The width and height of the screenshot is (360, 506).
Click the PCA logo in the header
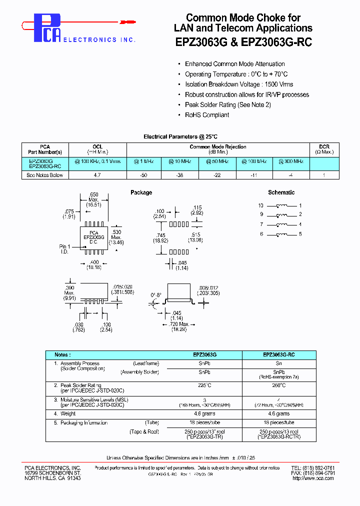tap(47, 28)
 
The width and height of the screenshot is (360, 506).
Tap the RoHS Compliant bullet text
tap(207, 115)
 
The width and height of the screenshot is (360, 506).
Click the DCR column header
tap(324, 149)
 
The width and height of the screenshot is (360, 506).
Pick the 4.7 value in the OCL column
tap(97, 175)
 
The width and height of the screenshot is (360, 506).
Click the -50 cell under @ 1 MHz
tap(144, 175)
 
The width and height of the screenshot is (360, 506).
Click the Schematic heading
tap(281, 192)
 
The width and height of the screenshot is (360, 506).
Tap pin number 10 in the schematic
tap(260, 206)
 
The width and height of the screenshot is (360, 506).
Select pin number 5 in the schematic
tap(300, 234)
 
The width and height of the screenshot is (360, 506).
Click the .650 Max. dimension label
tap(93, 199)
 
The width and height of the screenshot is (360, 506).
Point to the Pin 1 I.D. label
tap(65, 249)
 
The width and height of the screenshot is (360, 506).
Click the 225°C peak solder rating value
tap(204, 385)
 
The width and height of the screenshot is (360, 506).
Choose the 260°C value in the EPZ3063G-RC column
tap(278, 385)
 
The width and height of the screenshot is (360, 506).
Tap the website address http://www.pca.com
tap(313, 478)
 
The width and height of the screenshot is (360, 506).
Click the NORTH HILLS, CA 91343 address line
tap(53, 478)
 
